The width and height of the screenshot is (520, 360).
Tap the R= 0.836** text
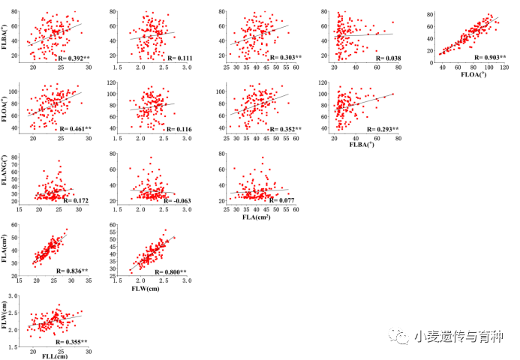(73, 271)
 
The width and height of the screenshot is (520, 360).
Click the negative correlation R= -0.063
(175, 201)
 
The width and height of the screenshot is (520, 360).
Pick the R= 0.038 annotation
(387, 58)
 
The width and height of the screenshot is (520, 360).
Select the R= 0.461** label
(74, 129)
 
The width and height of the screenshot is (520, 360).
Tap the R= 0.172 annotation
(76, 201)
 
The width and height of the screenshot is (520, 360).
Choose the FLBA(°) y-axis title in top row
(7, 34)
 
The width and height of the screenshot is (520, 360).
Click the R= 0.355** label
(73, 342)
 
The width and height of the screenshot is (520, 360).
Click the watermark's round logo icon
(395, 337)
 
